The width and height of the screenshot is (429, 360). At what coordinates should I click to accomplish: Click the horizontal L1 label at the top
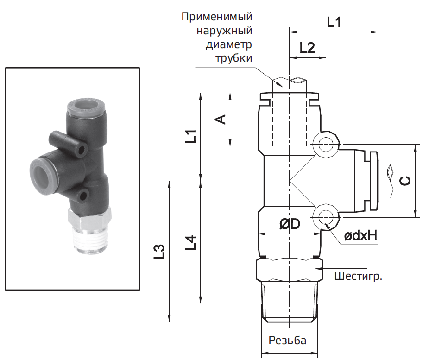(x=334, y=22)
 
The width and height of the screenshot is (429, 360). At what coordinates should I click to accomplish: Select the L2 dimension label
(x=307, y=48)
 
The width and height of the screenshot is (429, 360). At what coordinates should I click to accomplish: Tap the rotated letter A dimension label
(x=221, y=119)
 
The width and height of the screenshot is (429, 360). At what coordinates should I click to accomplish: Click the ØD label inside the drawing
(x=290, y=224)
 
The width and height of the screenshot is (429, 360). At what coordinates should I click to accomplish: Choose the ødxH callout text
(x=360, y=235)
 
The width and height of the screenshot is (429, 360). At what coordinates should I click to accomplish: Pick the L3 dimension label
(x=160, y=252)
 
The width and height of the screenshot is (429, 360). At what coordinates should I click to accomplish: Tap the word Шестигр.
(x=358, y=276)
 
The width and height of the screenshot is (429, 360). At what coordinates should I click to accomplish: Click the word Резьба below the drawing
(x=287, y=340)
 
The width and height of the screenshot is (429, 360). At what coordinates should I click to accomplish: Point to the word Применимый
(x=217, y=17)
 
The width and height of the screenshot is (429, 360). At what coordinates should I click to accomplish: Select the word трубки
(x=233, y=58)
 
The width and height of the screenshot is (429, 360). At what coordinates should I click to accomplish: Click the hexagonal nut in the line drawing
(x=289, y=270)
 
